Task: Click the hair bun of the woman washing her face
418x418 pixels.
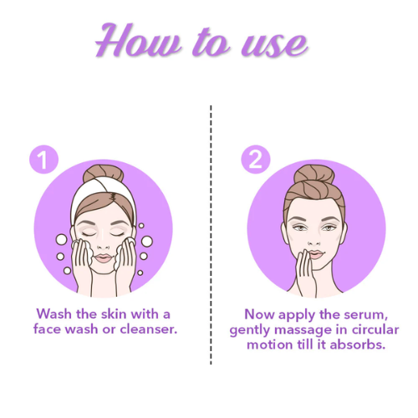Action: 103,176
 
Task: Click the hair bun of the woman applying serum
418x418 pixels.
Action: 314,175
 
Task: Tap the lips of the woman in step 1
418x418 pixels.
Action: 104,258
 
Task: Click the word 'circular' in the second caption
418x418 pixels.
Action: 371,329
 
